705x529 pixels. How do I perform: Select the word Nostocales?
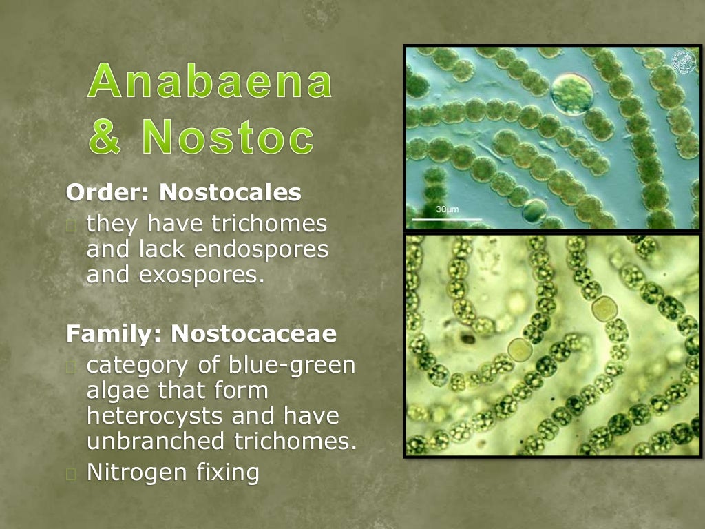(230, 193)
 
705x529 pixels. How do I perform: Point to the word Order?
(109, 193)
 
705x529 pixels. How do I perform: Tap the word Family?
(115, 334)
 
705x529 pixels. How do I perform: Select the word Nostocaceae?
(254, 334)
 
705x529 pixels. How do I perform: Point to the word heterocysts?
(156, 416)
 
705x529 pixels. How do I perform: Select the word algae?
(116, 391)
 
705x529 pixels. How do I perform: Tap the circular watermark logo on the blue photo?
(684, 62)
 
